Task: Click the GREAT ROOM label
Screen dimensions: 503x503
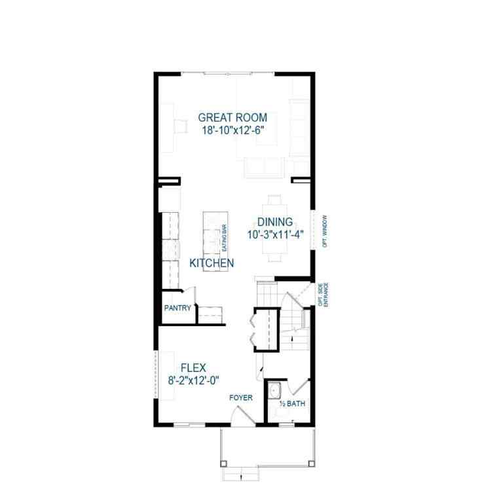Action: coord(233,118)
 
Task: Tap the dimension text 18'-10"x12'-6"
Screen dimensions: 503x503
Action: coord(233,130)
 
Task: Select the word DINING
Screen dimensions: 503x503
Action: coord(274,222)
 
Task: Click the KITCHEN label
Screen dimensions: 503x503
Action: coord(212,263)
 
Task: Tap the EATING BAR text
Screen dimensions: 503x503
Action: coord(224,240)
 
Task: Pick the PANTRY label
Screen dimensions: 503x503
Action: coord(177,308)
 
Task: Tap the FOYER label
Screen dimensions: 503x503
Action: coord(240,398)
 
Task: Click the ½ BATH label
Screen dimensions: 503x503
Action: coord(293,404)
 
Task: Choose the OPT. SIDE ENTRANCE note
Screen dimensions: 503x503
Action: coord(322,294)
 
